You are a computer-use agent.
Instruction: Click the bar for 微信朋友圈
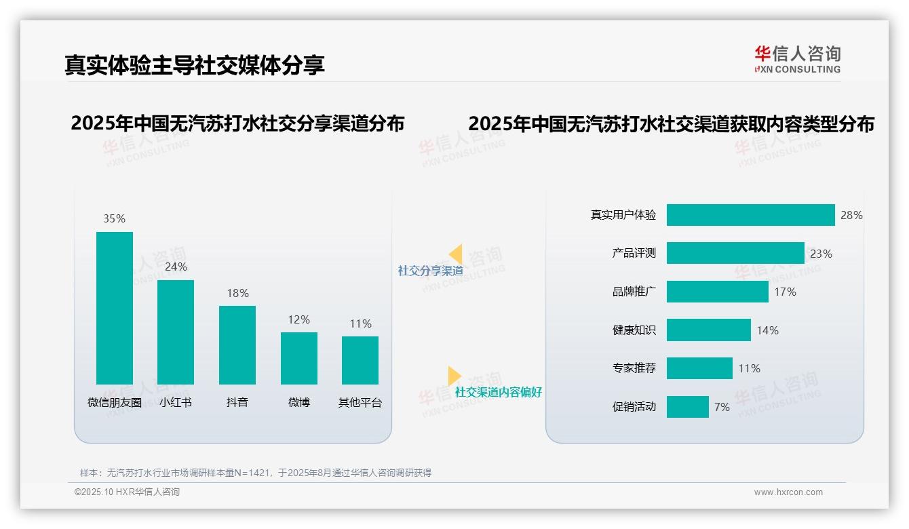tap(115, 308)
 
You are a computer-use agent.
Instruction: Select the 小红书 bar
tap(176, 332)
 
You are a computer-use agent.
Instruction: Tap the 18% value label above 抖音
tap(237, 293)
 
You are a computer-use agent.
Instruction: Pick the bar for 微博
tap(299, 358)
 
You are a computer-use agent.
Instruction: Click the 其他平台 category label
tap(360, 402)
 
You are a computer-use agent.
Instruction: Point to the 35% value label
tap(115, 218)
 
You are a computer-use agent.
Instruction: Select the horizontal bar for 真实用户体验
tap(750, 215)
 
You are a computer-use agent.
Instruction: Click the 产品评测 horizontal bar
tap(735, 253)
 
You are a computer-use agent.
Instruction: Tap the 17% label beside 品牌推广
tap(785, 292)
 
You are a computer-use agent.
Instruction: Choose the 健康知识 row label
tap(634, 330)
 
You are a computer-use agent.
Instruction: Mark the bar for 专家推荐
tap(699, 368)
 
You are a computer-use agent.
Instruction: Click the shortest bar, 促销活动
tap(687, 407)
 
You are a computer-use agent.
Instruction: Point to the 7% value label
tap(722, 407)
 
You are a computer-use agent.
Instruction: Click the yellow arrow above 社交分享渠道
tap(455, 254)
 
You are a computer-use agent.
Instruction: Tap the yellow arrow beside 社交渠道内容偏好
tap(454, 376)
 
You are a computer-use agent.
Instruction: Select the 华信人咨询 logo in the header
tap(797, 59)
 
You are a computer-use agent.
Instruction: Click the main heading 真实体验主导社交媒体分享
tap(195, 64)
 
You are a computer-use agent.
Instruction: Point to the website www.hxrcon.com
tap(788, 492)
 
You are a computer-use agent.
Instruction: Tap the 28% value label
tap(851, 215)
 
